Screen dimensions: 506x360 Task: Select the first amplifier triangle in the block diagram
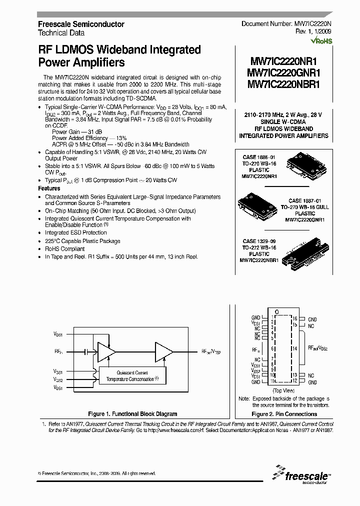click(104, 351)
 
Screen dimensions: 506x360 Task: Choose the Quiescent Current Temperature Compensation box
click(132, 376)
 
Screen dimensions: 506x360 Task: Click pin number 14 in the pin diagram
click(295, 348)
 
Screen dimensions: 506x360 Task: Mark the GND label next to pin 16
click(312, 319)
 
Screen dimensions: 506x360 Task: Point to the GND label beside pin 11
click(256, 381)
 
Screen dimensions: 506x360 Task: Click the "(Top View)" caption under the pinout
click(283, 390)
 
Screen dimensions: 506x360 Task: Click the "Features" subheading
click(49, 188)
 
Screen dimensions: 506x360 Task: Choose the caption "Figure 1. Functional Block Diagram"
click(132, 414)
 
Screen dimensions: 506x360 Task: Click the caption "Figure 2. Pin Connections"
click(284, 414)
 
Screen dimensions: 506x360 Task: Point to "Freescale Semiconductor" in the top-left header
click(81, 24)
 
